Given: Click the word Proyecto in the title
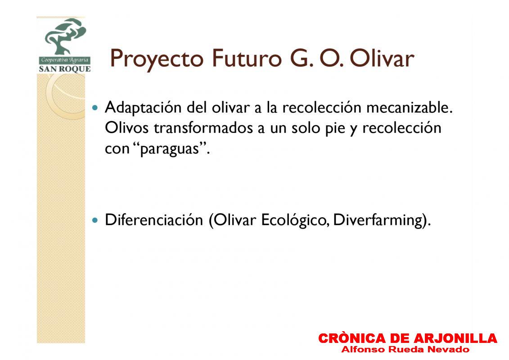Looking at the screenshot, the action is pyautogui.click(x=157, y=59).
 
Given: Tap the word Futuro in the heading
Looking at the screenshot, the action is pyautogui.click(x=247, y=58).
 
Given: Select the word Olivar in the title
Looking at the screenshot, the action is pyautogui.click(x=382, y=58).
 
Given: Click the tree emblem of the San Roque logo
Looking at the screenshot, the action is pyautogui.click(x=65, y=36).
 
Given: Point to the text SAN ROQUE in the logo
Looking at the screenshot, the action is pyautogui.click(x=65, y=69).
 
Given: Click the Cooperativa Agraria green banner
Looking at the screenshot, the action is pyautogui.click(x=65, y=60).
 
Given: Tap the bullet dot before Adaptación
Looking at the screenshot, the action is pyautogui.click(x=95, y=108).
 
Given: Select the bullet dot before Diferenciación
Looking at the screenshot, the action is pyautogui.click(x=95, y=220).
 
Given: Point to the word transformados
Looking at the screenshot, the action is pyautogui.click(x=203, y=128).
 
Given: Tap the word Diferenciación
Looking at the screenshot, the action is pyautogui.click(x=154, y=220).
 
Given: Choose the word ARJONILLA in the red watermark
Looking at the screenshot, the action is pyautogui.click(x=455, y=338).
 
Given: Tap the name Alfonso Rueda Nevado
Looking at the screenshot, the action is pyautogui.click(x=405, y=350).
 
